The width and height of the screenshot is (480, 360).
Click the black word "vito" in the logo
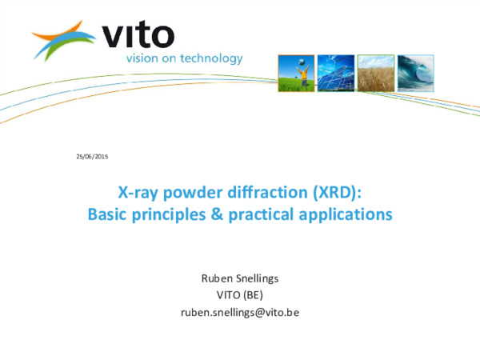[x=138, y=35]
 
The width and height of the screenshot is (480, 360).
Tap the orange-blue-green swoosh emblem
[x=64, y=40]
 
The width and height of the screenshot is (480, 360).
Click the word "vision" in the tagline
[x=142, y=58]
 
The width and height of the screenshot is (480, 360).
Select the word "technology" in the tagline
[x=211, y=58]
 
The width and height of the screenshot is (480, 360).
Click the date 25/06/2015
[x=92, y=157]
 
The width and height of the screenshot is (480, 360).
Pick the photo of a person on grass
[x=296, y=73]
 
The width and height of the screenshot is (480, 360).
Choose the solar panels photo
[x=336, y=73]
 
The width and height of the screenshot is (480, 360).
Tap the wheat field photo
[x=376, y=73]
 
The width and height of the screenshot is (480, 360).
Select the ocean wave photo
[x=416, y=73]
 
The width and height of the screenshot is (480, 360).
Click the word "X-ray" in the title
[x=138, y=193]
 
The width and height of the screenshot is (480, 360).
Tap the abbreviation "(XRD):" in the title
[x=337, y=193]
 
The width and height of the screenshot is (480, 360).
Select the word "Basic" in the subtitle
[x=107, y=214]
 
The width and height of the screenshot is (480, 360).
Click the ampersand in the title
[x=217, y=214]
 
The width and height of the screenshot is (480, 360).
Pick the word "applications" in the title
[x=346, y=214]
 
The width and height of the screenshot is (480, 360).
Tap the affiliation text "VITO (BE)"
[x=240, y=295]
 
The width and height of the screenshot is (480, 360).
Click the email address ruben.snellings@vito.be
[x=240, y=313]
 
